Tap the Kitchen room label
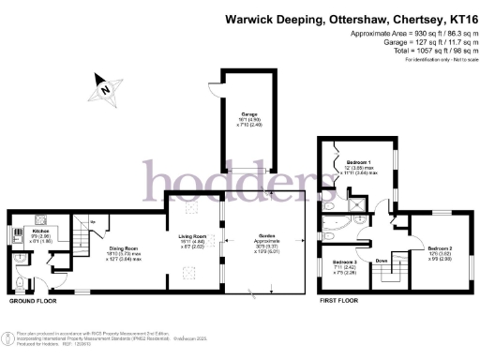tap(40, 230)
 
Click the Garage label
tap(247, 117)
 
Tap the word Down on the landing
tap(382, 260)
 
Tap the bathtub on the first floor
tap(334, 223)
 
